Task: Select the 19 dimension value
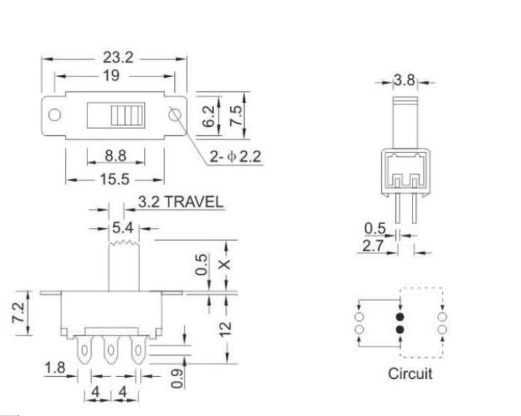click(111, 76)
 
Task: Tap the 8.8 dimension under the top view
click(115, 155)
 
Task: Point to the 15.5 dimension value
click(115, 179)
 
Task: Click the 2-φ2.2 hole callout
click(235, 156)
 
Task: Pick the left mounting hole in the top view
click(55, 115)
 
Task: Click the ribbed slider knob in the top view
click(127, 115)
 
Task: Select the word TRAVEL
click(194, 202)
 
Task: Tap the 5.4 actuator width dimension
click(122, 228)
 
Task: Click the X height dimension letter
click(225, 265)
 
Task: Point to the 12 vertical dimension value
click(226, 329)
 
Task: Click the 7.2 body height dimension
click(18, 312)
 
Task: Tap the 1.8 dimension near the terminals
click(55, 368)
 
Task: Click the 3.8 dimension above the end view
click(404, 81)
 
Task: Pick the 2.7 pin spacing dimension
click(373, 246)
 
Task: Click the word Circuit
click(410, 373)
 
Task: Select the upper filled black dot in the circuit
click(400, 317)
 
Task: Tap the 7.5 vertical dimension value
click(236, 116)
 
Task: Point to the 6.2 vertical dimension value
click(208, 116)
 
